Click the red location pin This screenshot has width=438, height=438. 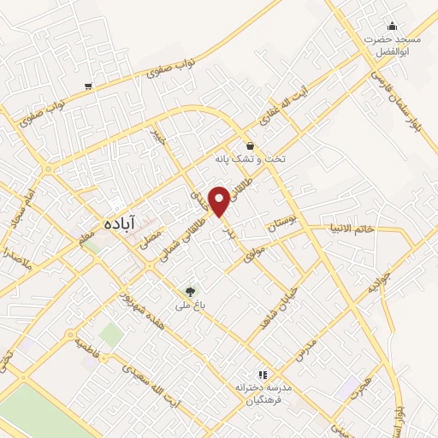click(221, 201)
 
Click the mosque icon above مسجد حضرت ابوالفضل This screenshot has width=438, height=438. click(392, 26)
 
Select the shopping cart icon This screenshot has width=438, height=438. click(89, 86)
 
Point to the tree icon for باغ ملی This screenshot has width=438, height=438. click(191, 291)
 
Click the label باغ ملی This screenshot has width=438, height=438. click(186, 305)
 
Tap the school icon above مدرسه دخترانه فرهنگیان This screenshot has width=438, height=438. click(263, 374)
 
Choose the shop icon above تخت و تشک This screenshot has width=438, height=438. click(250, 145)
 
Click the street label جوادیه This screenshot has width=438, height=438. click(379, 283)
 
